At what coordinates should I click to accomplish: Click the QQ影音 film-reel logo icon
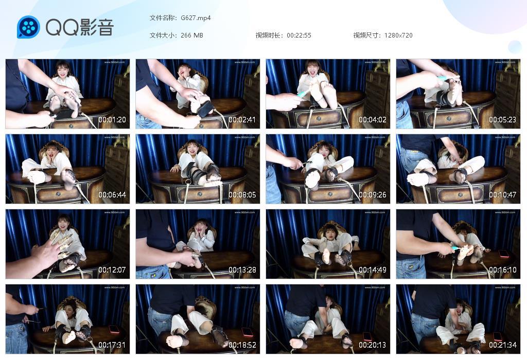click(28, 27)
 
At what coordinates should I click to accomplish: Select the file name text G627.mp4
click(196, 18)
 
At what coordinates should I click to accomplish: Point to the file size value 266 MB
click(192, 35)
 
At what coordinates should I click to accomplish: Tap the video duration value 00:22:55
click(299, 35)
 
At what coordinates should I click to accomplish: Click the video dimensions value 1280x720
click(398, 35)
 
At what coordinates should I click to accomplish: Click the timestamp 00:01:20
click(112, 120)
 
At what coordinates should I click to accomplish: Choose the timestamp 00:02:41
click(242, 120)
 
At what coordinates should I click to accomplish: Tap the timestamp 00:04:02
click(373, 120)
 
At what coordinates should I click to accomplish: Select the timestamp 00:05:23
click(503, 120)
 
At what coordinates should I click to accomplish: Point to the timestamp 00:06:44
click(112, 195)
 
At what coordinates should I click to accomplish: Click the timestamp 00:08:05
click(242, 195)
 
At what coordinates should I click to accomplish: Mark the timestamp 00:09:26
click(373, 195)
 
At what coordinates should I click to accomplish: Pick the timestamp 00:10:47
click(503, 195)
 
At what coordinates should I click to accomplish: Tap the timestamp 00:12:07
click(112, 270)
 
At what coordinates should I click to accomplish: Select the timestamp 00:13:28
click(242, 270)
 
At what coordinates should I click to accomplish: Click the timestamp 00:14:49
click(373, 270)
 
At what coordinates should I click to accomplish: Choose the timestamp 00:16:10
click(503, 270)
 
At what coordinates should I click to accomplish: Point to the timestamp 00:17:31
click(112, 345)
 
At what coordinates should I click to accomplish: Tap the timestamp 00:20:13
click(373, 345)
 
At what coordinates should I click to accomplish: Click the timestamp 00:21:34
click(503, 345)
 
